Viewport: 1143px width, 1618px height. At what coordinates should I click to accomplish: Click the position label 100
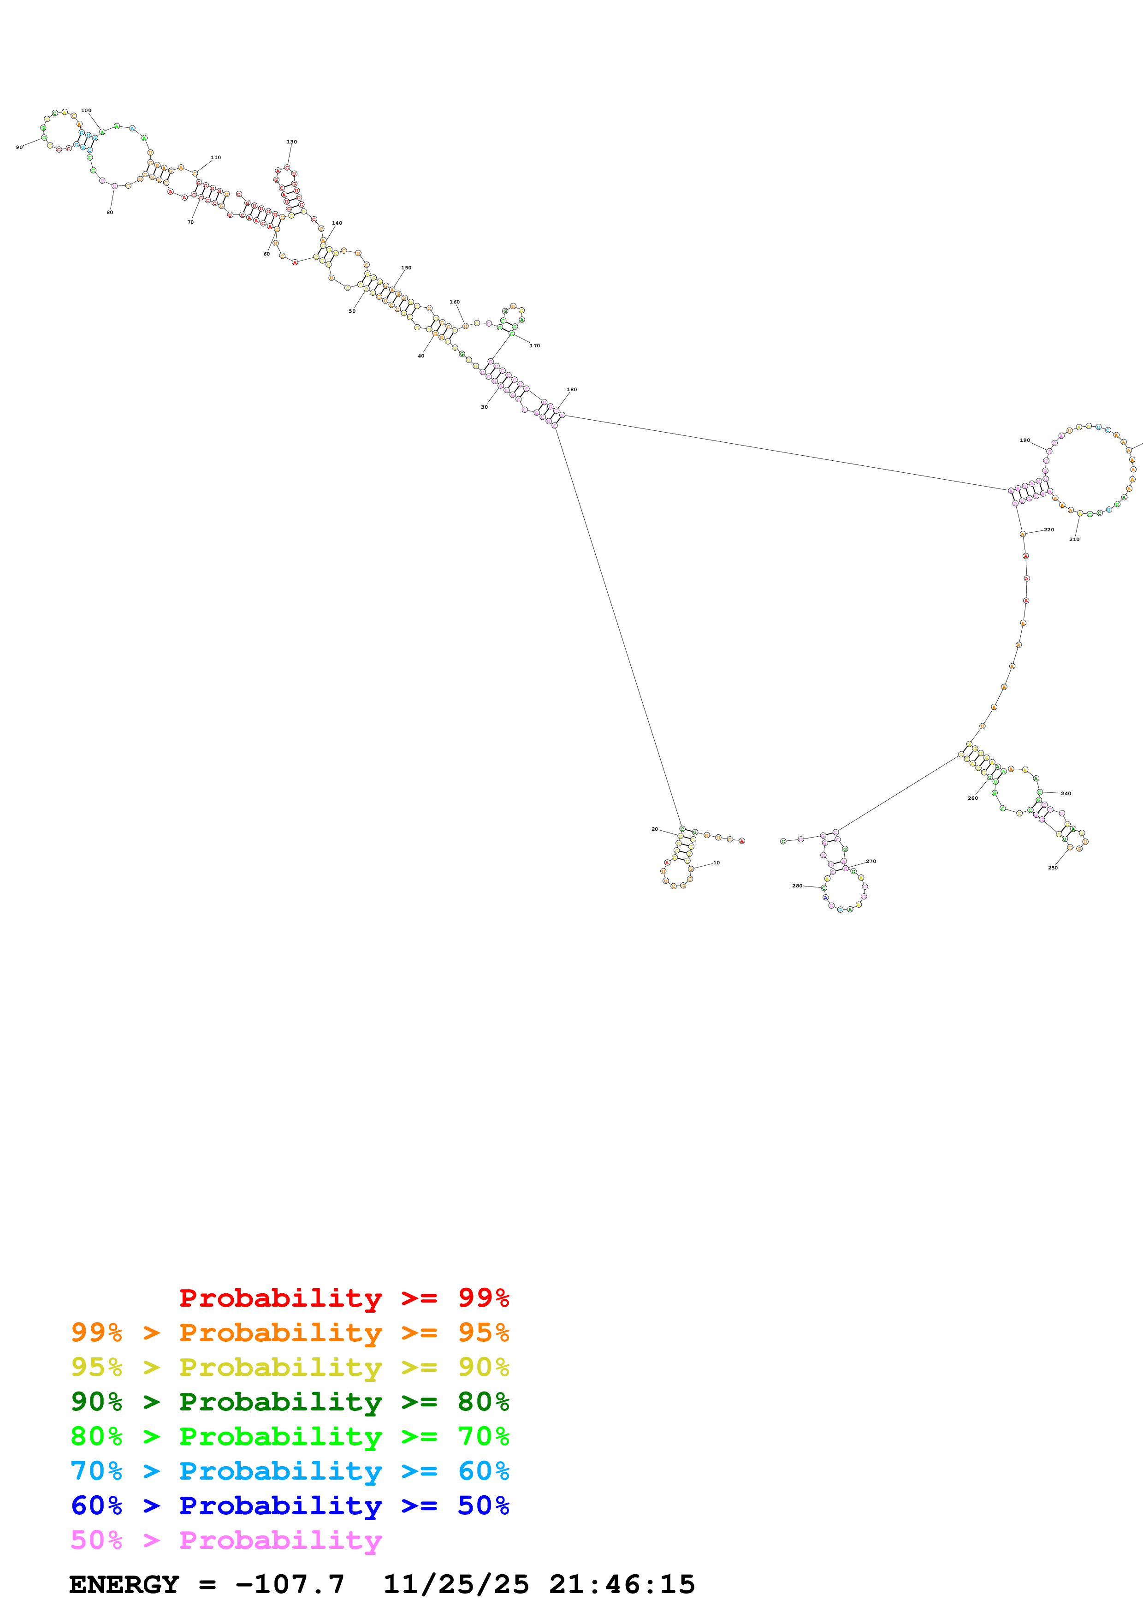click(86, 111)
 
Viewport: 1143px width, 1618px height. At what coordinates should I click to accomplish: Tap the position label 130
click(291, 142)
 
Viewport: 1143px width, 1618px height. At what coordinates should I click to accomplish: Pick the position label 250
click(1052, 868)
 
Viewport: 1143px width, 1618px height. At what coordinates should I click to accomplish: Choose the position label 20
click(654, 829)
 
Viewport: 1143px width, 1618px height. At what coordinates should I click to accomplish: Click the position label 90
click(19, 147)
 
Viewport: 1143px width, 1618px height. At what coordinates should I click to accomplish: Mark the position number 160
click(454, 302)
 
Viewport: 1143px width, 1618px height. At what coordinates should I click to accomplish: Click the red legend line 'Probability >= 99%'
click(343, 1297)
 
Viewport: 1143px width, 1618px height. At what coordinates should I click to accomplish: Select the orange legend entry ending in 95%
click(290, 1332)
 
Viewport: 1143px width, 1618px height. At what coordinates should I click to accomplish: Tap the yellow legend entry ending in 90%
click(290, 1367)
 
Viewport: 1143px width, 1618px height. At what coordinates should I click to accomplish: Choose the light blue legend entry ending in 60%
click(290, 1471)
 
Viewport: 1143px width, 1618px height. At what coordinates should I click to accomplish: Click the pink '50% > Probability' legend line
click(225, 1540)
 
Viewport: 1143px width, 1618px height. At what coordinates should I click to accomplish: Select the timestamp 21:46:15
click(622, 1584)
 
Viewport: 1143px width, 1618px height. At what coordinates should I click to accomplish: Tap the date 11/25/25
click(456, 1584)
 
